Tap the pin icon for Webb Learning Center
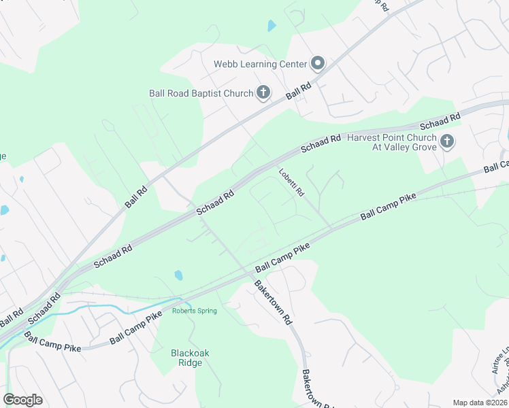coord(318,64)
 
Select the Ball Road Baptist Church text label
coord(201,93)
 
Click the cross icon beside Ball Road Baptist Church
coord(263,93)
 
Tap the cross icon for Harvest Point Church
coord(446,141)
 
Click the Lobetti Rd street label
coord(291,183)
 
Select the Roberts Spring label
coord(194,311)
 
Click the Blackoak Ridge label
coord(186,358)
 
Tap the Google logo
coord(22,400)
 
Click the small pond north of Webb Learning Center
coord(272,27)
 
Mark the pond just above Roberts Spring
coord(178,275)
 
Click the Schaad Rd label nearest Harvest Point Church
coord(441,122)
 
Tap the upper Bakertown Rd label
coord(273,302)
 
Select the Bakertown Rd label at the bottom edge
coord(316,389)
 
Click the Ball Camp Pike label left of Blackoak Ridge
coord(52,341)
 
